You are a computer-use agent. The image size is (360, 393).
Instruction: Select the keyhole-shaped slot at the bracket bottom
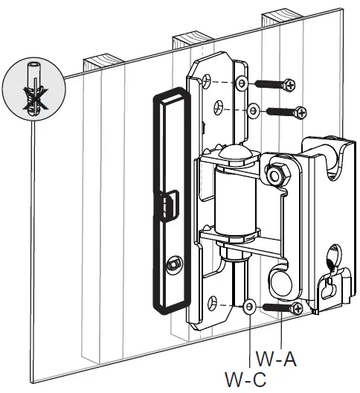click(330, 287)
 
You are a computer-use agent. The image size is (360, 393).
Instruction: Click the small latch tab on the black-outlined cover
click(170, 202)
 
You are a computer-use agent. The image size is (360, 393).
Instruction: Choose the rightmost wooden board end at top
click(280, 15)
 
